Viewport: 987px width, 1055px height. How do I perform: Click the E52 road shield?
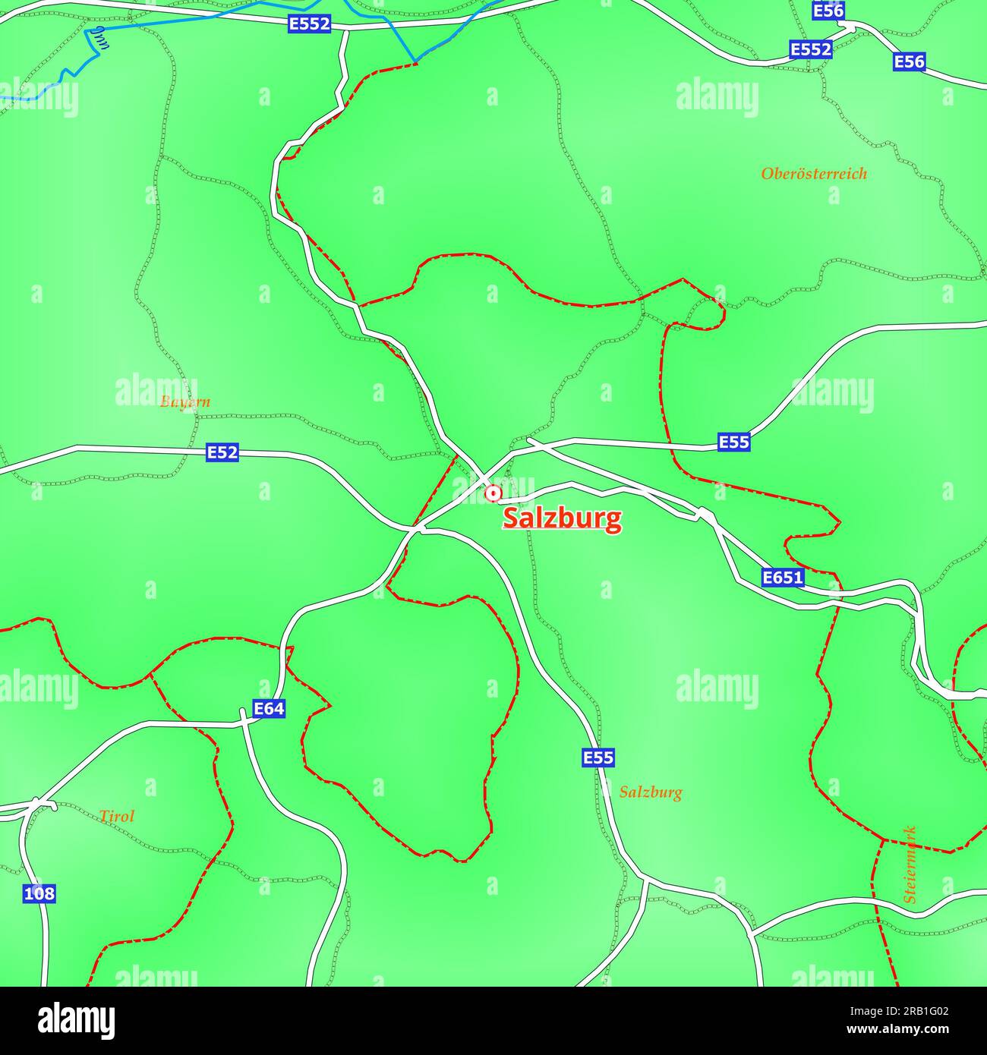222,453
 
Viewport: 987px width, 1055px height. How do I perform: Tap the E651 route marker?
783,578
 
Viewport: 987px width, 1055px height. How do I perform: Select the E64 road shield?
269,709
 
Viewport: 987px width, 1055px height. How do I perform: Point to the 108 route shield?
39,893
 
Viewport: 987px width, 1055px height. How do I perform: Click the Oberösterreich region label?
814,174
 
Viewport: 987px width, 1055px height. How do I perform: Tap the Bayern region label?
185,402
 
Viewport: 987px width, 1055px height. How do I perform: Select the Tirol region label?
116,817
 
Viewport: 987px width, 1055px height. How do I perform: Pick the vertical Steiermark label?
910,864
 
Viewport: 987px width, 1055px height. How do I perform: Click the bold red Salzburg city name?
562,518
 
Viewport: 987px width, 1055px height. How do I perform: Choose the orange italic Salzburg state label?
650,792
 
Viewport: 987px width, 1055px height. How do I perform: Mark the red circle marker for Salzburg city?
493,494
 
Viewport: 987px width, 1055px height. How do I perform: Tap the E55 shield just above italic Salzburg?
598,757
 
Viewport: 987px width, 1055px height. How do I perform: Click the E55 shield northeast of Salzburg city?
733,442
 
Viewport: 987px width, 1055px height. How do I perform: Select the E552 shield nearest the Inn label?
310,24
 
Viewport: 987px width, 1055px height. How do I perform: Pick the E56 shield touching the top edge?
828,11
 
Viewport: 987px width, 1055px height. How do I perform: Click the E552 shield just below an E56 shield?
811,49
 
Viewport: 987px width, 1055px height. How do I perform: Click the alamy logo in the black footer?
76,1021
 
